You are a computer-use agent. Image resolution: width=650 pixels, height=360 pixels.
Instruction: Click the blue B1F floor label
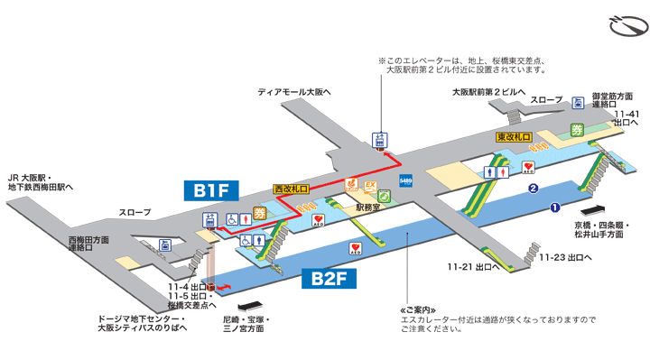tap(210, 190)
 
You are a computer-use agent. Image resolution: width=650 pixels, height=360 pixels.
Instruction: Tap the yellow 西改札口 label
tap(291, 189)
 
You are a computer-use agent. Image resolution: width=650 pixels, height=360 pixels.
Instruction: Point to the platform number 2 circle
tap(534, 189)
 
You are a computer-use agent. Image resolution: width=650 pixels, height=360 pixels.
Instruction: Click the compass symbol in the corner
tap(627, 24)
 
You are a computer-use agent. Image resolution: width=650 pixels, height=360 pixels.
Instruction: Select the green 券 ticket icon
tap(576, 130)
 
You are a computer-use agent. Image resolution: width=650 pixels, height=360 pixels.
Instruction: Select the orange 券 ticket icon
tap(260, 213)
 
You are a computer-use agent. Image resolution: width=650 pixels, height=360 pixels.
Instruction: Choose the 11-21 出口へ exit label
tap(473, 267)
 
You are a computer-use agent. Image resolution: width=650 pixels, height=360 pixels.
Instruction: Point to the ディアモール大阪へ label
tap(294, 91)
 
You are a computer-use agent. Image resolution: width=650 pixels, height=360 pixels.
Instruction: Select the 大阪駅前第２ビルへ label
tap(488, 91)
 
